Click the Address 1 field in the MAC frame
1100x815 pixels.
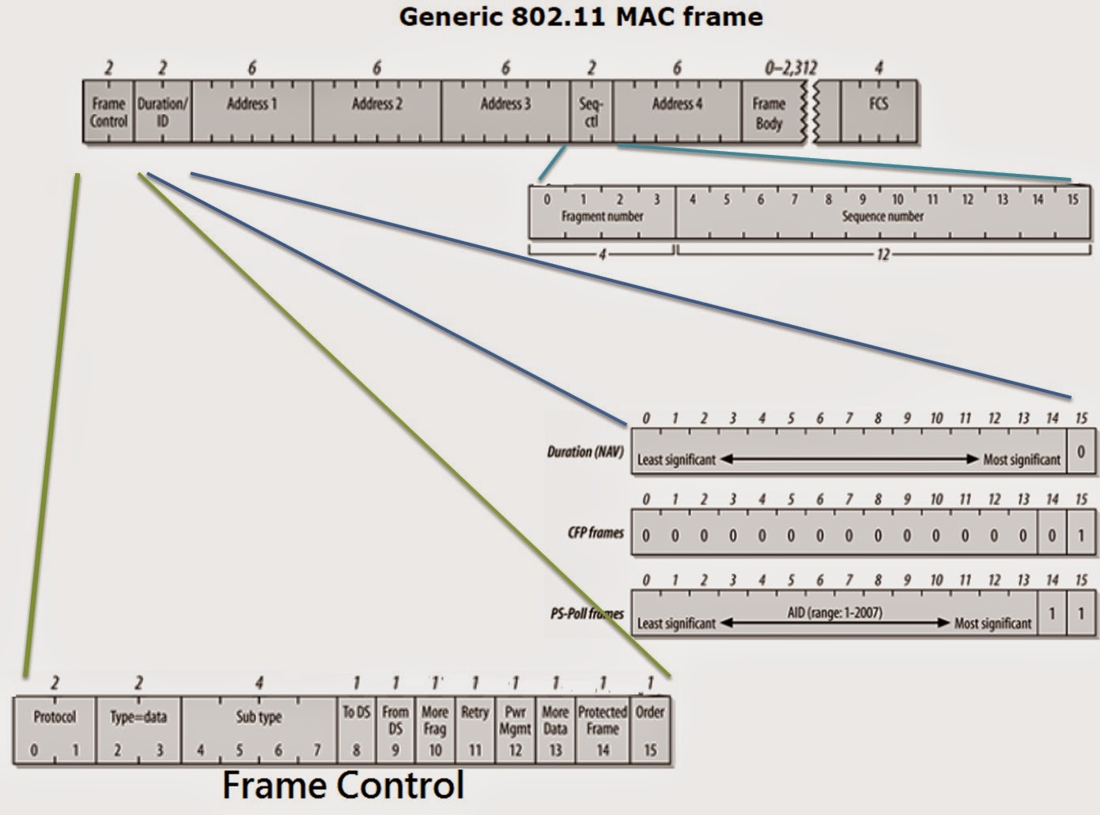click(251, 111)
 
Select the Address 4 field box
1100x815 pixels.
click(677, 111)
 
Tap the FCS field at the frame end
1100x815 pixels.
click(878, 111)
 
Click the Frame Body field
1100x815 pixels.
click(769, 113)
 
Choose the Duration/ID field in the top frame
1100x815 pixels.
click(162, 111)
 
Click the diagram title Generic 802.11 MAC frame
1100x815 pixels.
click(580, 17)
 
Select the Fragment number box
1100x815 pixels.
click(602, 216)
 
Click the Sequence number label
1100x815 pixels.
click(883, 216)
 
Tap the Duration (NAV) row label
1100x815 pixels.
click(585, 452)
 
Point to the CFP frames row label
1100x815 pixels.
click(595, 533)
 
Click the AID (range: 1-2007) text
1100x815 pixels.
click(835, 612)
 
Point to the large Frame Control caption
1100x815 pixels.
click(342, 786)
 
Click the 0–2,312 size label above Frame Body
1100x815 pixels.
click(790, 68)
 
